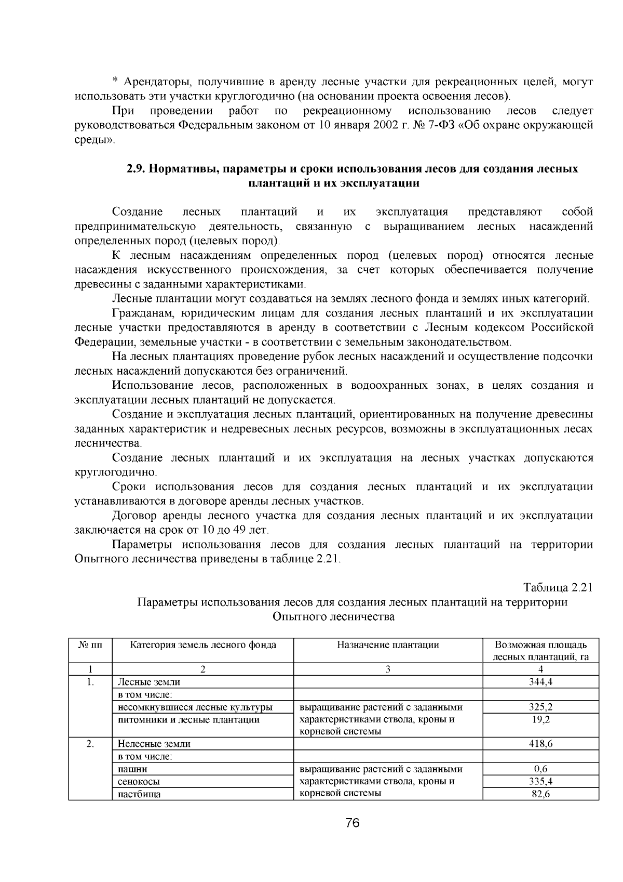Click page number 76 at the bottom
(x=353, y=823)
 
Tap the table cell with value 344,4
(x=540, y=682)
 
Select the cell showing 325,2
(x=540, y=707)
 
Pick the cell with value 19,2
(x=540, y=719)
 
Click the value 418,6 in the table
(x=540, y=744)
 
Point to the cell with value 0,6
(x=540, y=769)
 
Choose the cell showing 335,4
(x=540, y=781)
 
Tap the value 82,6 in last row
(x=540, y=794)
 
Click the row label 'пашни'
(x=132, y=769)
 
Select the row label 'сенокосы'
(x=139, y=781)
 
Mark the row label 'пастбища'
(x=139, y=794)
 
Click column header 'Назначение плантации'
(x=388, y=645)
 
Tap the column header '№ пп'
(x=90, y=645)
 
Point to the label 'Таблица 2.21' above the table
(x=558, y=588)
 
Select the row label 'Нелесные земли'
(x=154, y=744)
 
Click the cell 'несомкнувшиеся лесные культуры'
(x=195, y=707)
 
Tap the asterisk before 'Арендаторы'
(x=115, y=83)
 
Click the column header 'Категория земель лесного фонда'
(x=202, y=645)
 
